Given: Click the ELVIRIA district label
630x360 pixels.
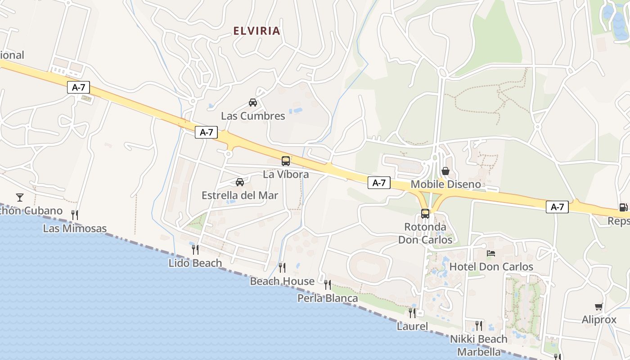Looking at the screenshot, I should (x=256, y=31).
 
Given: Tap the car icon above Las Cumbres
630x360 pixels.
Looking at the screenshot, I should (x=253, y=103).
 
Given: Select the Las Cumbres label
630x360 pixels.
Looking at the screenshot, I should (x=253, y=116).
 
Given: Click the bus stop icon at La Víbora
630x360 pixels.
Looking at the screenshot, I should (x=286, y=161).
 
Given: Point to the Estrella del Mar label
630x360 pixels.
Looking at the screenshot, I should (x=240, y=195).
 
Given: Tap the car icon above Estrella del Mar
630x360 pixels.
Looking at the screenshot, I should (x=240, y=182).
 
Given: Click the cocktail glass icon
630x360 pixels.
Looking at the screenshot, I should (x=20, y=197).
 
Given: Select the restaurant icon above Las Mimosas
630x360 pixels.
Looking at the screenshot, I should (x=75, y=215).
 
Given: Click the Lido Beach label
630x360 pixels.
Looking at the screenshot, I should (x=195, y=263).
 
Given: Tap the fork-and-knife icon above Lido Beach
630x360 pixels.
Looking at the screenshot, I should (x=195, y=249).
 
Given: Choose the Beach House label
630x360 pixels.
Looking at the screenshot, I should (x=282, y=281).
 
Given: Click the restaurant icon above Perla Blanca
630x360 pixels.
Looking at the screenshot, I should (x=328, y=284).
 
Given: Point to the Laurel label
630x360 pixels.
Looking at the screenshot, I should (x=412, y=326).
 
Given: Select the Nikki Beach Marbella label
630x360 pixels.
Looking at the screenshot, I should (x=478, y=345).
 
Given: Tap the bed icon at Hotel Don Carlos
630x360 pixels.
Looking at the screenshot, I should (x=491, y=253).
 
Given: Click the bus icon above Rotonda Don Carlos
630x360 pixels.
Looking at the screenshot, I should (x=425, y=213).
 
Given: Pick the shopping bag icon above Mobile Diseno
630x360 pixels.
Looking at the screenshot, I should (x=445, y=171).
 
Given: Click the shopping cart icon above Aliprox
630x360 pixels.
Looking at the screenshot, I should (x=598, y=307).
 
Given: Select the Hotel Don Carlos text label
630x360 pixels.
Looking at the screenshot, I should (x=491, y=266).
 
